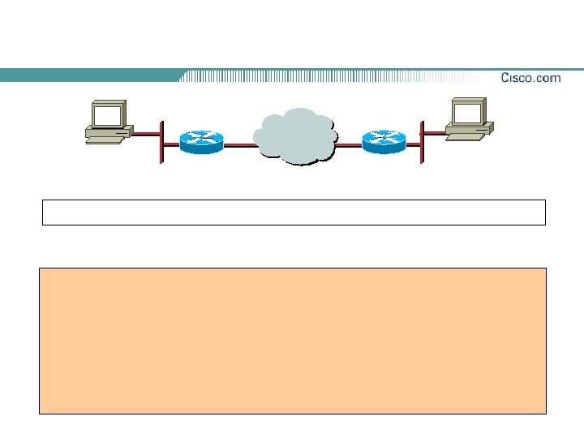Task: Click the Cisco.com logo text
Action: pyautogui.click(x=530, y=78)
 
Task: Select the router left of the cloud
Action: pyautogui.click(x=201, y=142)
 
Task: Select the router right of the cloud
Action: pyautogui.click(x=383, y=142)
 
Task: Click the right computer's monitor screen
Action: pyautogui.click(x=467, y=110)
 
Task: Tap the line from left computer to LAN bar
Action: pyautogui.click(x=146, y=134)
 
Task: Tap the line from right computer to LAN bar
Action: pyautogui.click(x=433, y=132)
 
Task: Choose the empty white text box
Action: pyautogui.click(x=294, y=212)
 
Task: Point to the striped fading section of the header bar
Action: pyautogui.click(x=324, y=75)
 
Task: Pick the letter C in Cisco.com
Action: pyautogui.click(x=505, y=78)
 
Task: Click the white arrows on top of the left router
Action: pyautogui.click(x=201, y=135)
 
